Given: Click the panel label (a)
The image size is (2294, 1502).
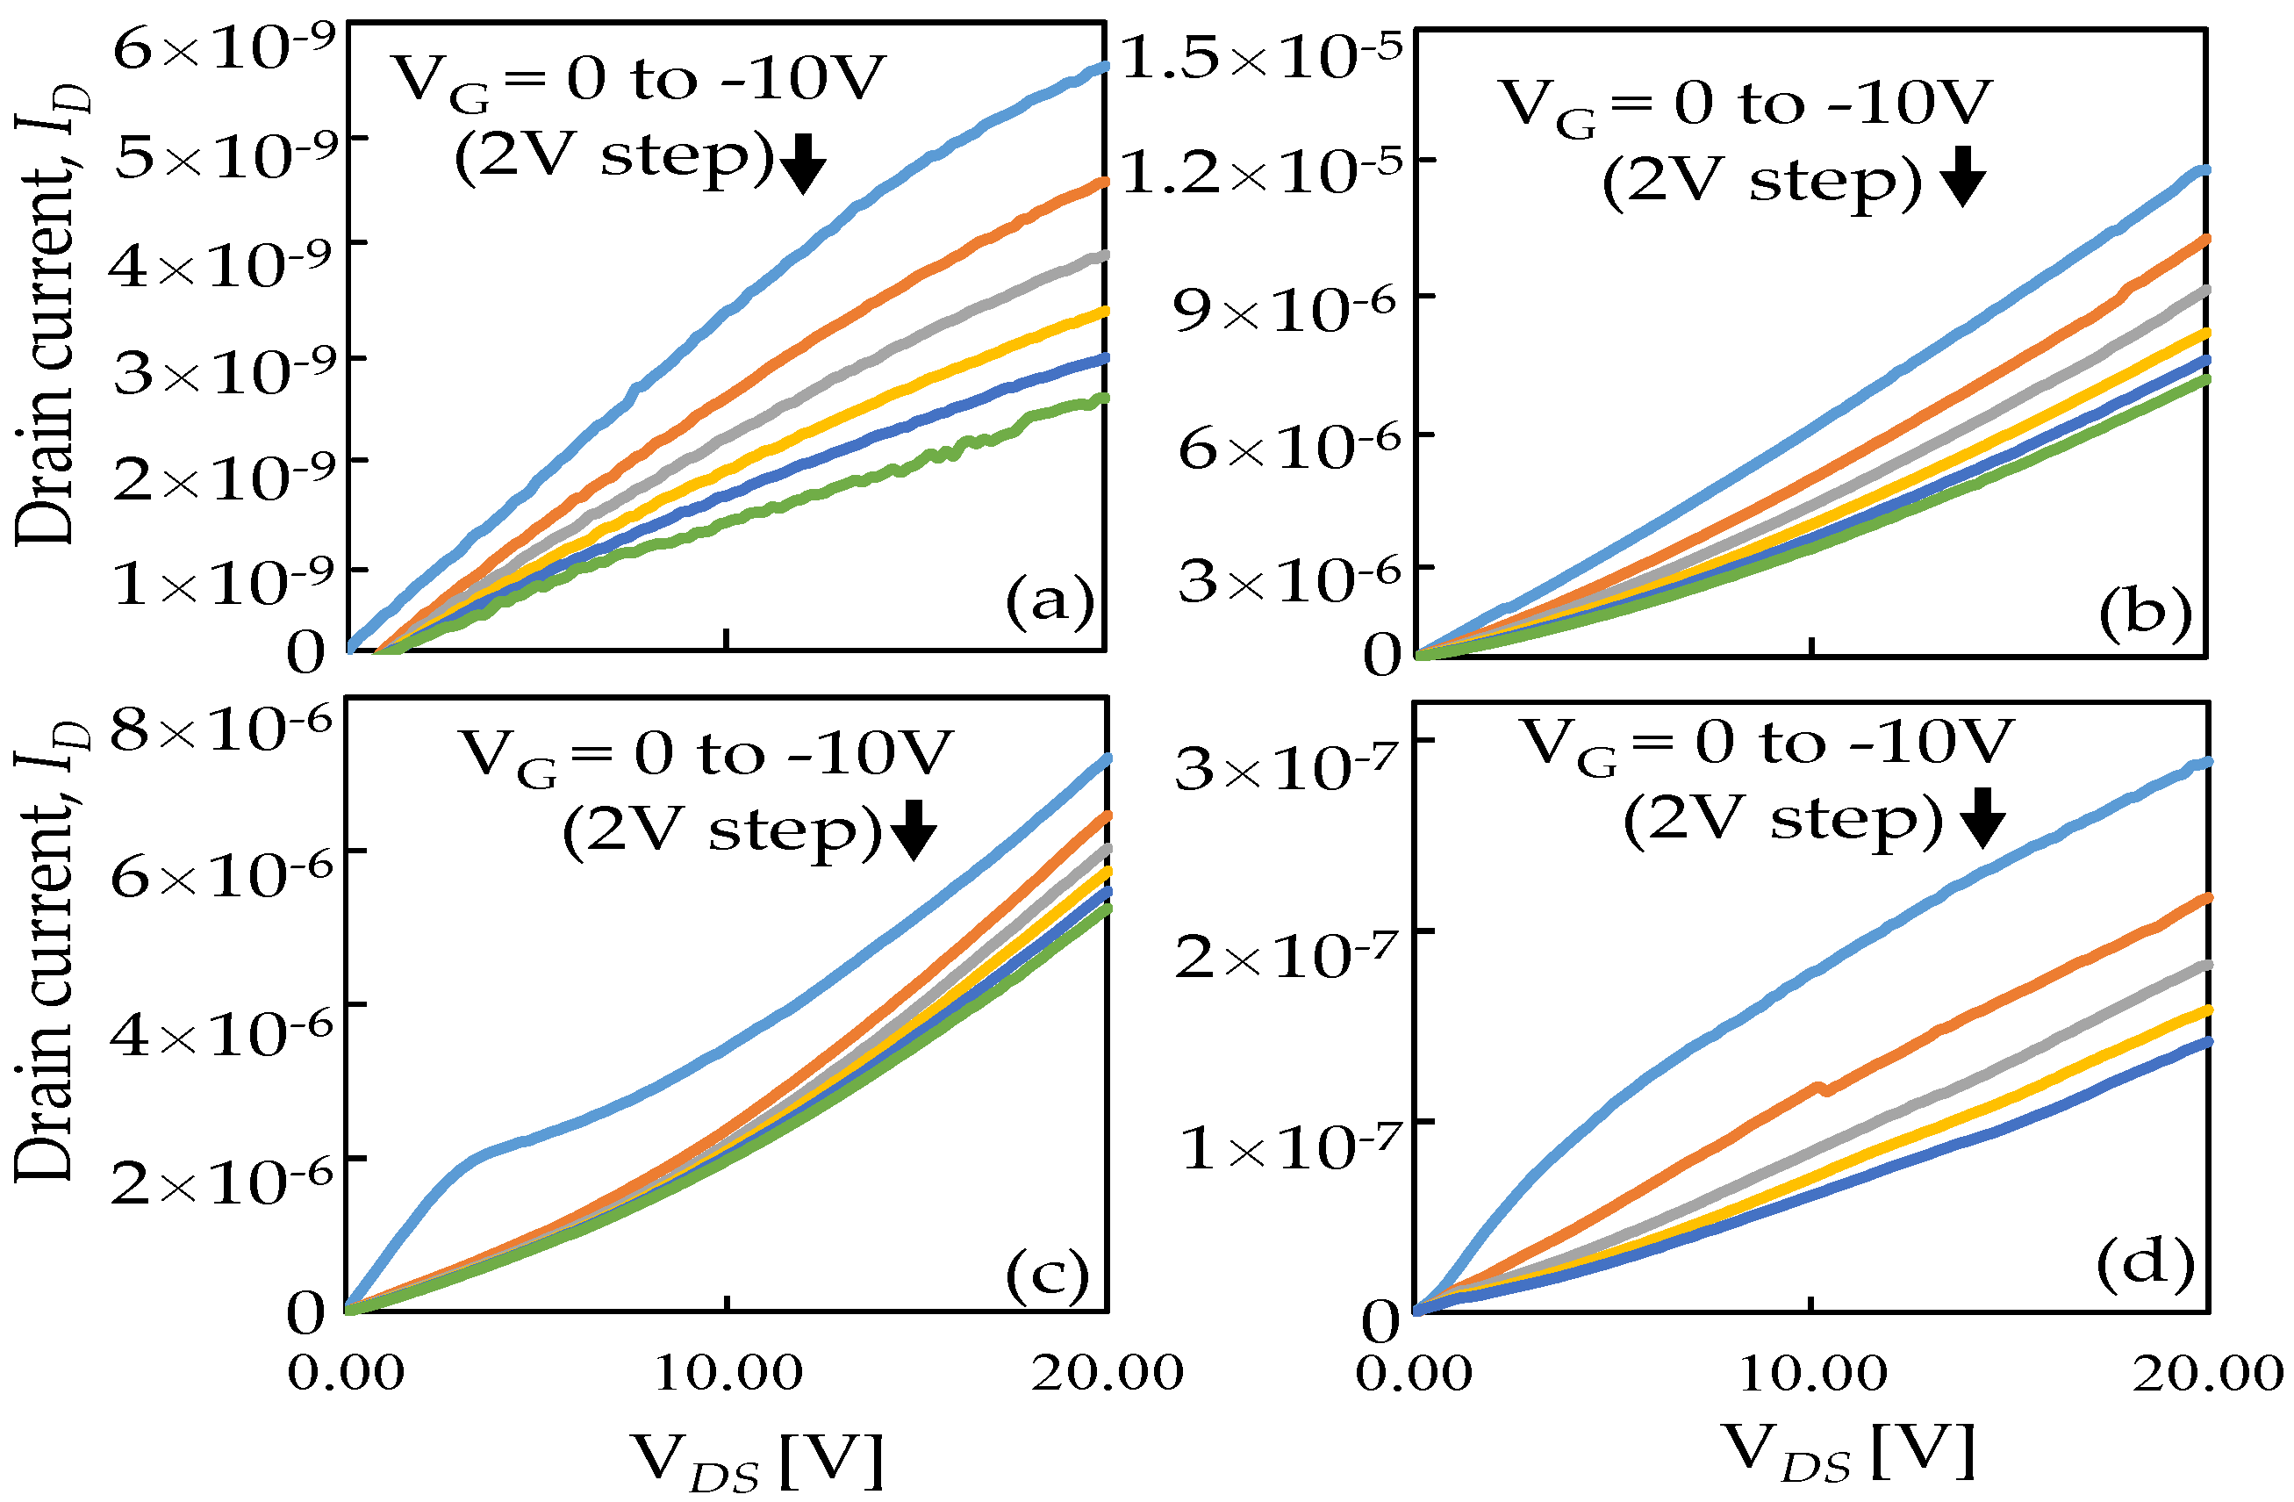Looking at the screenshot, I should [x=1050, y=601].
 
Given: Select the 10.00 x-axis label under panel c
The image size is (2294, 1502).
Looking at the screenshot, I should [x=728, y=1372].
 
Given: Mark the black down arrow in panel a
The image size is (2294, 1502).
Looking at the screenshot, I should [x=802, y=165].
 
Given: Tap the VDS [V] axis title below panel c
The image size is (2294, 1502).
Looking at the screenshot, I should [x=757, y=1459].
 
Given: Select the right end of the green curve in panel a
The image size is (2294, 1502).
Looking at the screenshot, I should [x=1101, y=399].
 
